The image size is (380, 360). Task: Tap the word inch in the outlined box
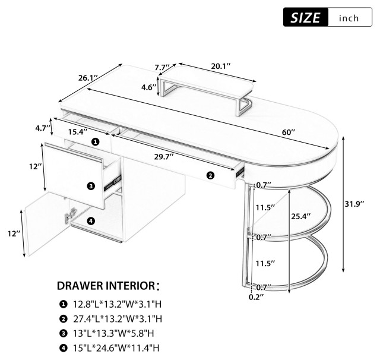pos(349,18)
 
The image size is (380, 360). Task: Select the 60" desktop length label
pos(289,133)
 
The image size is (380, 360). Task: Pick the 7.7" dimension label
pos(161,67)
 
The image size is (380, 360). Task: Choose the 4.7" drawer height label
pos(41,128)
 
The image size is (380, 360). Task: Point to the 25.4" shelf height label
pos(299,217)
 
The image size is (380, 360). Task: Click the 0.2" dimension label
pos(255,295)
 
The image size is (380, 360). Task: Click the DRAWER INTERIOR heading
pos(108,286)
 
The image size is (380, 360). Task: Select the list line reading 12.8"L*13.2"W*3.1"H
pos(113,304)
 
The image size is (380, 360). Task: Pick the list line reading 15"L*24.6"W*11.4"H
pos(113,350)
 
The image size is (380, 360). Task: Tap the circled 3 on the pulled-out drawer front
pos(91,186)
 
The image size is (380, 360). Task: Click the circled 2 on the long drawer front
pos(210,175)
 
